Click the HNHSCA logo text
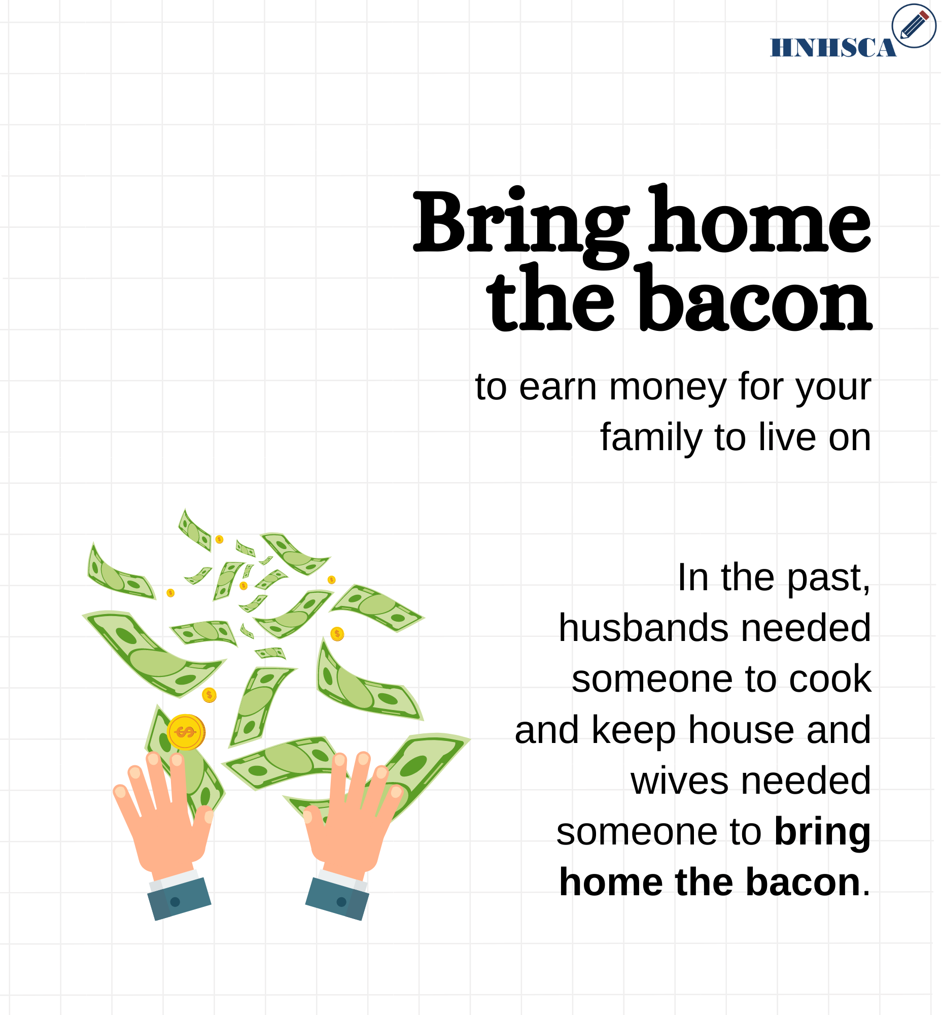[x=833, y=47]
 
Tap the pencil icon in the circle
[x=914, y=25]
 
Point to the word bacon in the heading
[x=755, y=298]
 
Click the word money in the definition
[x=668, y=387]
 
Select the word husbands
[x=644, y=628]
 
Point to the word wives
[x=679, y=781]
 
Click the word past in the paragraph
[x=828, y=579]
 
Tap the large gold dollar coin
[x=186, y=732]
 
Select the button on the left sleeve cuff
[x=175, y=902]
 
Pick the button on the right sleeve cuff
[x=341, y=902]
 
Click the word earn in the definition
[x=557, y=387]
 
